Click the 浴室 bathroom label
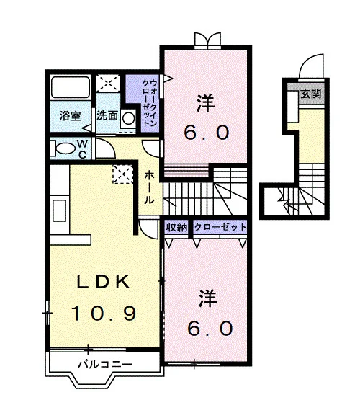tap(70, 116)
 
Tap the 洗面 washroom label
tap(107, 115)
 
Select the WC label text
tap(83, 149)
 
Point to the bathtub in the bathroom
tap(71, 87)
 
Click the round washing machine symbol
tap(129, 118)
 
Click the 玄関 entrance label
tap(310, 94)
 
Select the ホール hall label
tap(149, 187)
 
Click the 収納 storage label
tap(176, 228)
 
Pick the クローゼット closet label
tap(220, 227)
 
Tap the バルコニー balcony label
tap(105, 364)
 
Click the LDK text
tap(103, 281)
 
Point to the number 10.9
tap(104, 313)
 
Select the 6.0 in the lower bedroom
tap(210, 329)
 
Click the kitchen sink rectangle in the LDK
tap(59, 210)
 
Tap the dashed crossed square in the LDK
tap(122, 174)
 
